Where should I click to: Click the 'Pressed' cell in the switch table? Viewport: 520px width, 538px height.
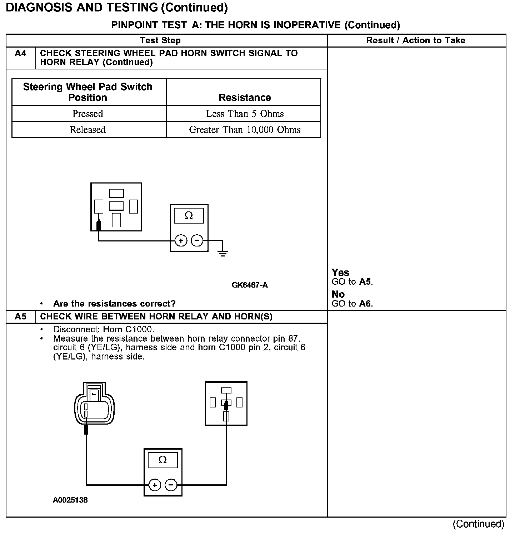tap(88, 114)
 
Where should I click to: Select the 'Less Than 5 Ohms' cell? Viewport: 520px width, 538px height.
tap(245, 114)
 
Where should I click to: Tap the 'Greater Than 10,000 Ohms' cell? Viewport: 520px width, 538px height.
tap(245, 129)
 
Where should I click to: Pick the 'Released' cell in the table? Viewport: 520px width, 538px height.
tap(88, 129)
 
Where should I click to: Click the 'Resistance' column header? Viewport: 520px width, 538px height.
tap(245, 97)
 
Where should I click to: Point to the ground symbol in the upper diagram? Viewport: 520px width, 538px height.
tap(223, 253)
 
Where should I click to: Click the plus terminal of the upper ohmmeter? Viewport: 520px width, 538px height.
tap(181, 240)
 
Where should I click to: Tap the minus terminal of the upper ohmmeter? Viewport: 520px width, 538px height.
tap(197, 240)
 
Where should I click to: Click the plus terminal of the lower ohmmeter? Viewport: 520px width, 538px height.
tap(155, 485)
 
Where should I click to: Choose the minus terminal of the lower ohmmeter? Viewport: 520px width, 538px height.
tap(171, 485)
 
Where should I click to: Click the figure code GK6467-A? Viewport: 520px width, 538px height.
tap(250, 285)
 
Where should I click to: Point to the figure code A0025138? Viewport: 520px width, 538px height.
tap(70, 500)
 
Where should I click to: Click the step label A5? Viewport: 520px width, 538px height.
tap(21, 317)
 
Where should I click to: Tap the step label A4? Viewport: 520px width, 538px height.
tap(21, 54)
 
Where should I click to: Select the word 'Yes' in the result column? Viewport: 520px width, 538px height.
tap(340, 273)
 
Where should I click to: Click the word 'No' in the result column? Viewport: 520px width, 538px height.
tap(338, 294)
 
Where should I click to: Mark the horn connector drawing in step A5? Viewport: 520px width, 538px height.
tap(94, 403)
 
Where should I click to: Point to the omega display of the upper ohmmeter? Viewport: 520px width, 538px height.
tap(189, 216)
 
